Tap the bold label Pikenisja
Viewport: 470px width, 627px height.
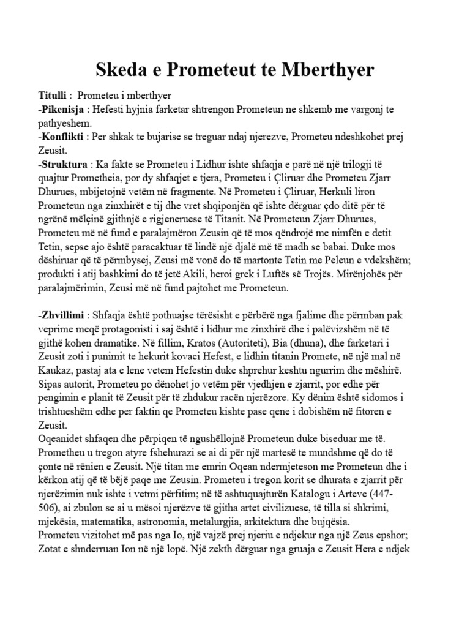click(x=62, y=110)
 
